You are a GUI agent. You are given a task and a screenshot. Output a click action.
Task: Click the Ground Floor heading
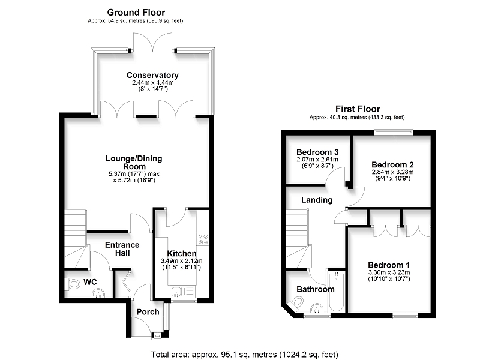136,13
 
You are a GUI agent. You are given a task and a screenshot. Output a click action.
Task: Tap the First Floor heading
358,109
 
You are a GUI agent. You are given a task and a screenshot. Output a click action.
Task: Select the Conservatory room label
152,75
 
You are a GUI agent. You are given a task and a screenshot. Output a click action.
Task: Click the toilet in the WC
72,284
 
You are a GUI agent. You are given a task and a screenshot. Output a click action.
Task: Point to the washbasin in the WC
99,293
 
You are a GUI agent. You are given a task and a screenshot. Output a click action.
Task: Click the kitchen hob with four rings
202,239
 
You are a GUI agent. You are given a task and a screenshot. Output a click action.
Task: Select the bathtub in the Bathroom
337,292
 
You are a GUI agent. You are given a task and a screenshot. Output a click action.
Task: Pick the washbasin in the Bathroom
317,308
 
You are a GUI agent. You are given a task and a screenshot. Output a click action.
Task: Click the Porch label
148,312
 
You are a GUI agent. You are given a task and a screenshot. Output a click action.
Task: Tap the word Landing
317,200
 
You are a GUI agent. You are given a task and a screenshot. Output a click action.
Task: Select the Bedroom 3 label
317,152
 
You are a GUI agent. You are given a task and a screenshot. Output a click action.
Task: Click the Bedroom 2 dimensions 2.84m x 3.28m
392,172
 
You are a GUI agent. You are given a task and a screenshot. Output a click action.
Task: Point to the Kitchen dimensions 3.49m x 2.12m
182,261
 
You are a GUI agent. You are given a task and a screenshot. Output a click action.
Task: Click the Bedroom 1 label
389,265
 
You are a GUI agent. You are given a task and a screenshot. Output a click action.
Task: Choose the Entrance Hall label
122,249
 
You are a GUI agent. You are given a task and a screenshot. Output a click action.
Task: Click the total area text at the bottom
245,355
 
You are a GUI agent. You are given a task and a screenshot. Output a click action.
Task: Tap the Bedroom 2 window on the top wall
394,133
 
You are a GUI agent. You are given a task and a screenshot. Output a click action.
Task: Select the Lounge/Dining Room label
134,163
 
